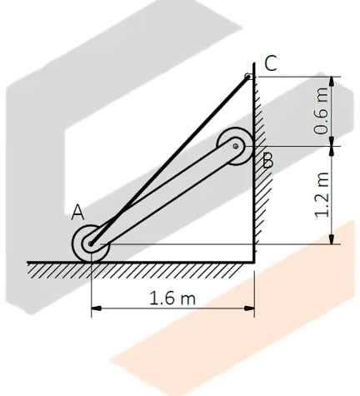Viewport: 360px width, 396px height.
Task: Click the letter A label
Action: [x=77, y=213]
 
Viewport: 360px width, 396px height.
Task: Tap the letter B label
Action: [x=267, y=161]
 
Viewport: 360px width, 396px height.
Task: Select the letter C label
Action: [x=271, y=63]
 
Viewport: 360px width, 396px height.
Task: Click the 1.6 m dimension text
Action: [x=172, y=298]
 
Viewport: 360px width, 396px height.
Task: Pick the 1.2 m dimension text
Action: [x=322, y=194]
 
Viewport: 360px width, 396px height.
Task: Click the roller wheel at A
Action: [x=91, y=243]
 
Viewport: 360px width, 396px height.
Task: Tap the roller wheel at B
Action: [x=235, y=146]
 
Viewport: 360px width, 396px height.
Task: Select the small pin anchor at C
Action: [x=247, y=76]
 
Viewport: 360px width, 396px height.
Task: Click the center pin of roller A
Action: [x=91, y=243]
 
